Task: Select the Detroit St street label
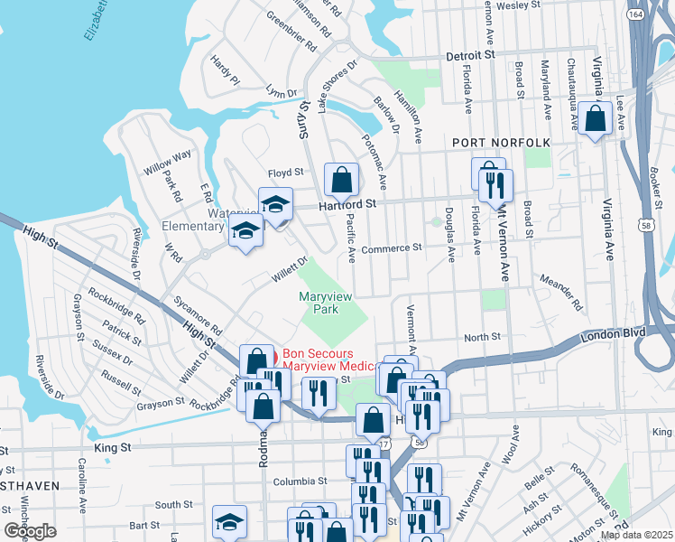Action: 472,55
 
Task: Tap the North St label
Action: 482,337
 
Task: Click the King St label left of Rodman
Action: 113,446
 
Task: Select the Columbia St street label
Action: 299,481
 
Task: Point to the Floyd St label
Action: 283,172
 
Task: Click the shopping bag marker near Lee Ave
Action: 596,119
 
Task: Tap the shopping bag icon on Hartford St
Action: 341,180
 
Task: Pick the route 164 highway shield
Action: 636,14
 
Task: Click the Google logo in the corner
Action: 30,531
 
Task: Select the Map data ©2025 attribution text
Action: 637,535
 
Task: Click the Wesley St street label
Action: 517,5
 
